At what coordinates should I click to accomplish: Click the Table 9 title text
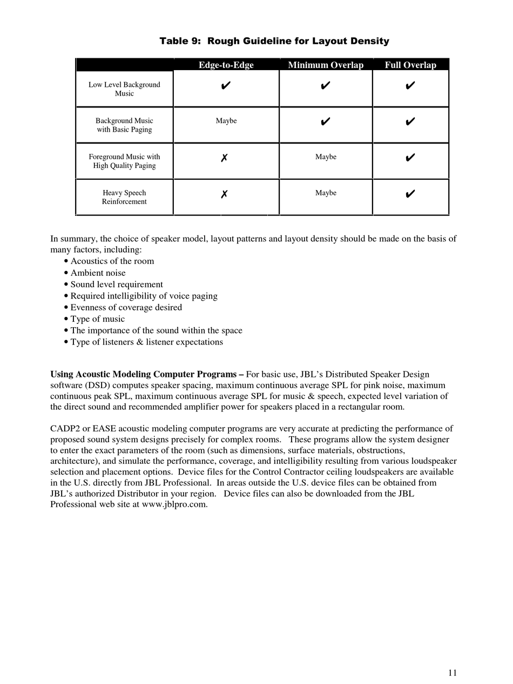(274, 41)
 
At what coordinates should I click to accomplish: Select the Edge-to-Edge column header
(226, 65)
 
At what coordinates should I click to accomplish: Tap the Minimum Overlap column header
(326, 65)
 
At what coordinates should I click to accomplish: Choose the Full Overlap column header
(410, 65)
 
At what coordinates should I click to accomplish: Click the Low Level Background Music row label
(124, 89)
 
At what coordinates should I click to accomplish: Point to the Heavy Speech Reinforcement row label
(124, 197)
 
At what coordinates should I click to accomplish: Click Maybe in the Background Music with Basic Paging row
(226, 121)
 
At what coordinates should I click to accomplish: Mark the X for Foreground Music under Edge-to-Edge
(224, 158)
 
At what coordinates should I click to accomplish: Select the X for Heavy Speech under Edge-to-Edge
(224, 194)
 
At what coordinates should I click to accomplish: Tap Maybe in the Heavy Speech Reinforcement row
(326, 193)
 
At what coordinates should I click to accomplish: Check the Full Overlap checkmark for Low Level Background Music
(410, 85)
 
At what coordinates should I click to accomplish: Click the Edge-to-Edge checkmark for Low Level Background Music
(226, 85)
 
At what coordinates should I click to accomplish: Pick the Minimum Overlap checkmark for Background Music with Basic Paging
(325, 121)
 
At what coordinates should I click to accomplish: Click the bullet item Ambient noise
(98, 273)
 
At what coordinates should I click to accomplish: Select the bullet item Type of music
(97, 319)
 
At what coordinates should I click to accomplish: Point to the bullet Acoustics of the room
(112, 261)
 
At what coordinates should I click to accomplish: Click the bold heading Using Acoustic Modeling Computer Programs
(147, 375)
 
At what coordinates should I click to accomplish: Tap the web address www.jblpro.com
(174, 505)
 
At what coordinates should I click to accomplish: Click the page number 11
(453, 673)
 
